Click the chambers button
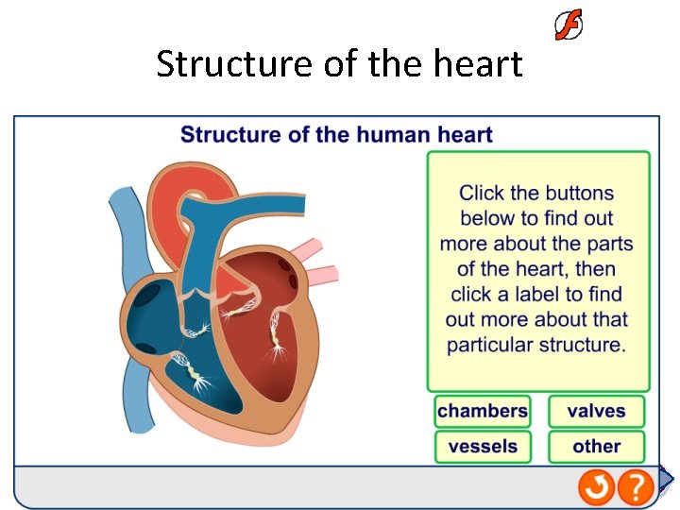click(x=483, y=411)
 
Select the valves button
click(x=596, y=411)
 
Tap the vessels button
click(x=483, y=447)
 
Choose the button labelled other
click(x=596, y=447)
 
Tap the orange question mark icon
click(x=637, y=487)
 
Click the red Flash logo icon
click(x=568, y=25)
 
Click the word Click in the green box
click(x=481, y=194)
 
